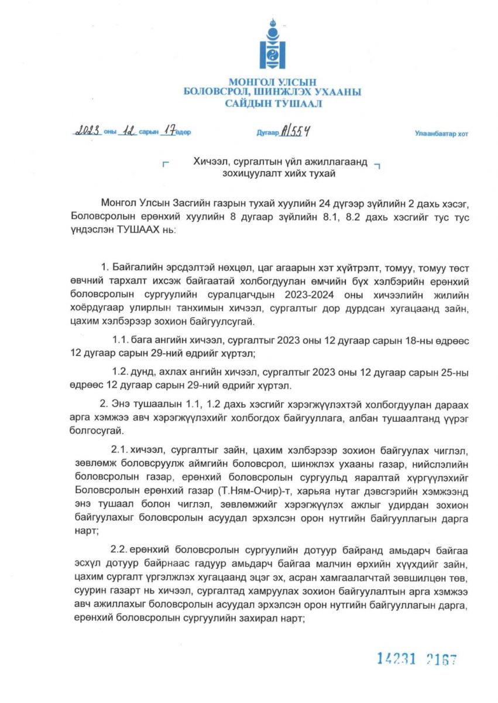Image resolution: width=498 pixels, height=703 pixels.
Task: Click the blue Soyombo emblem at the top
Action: click(272, 45)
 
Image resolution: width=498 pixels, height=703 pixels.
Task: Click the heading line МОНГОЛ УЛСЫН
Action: click(272, 83)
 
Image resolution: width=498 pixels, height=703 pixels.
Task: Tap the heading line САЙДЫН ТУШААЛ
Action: click(272, 104)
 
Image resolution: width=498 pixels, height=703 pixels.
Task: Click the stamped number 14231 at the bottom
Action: click(396, 659)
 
